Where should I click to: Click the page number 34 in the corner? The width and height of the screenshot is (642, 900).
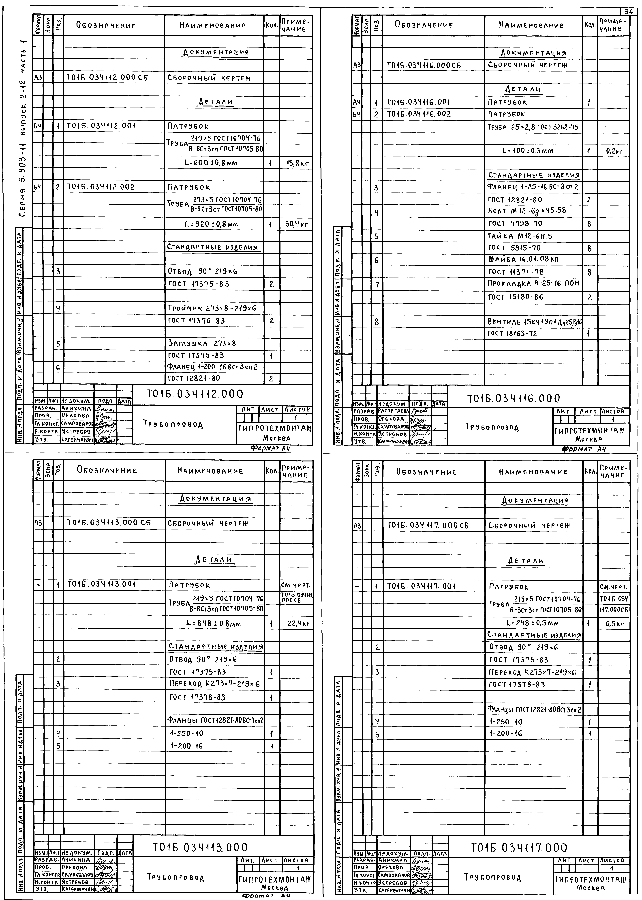point(629,12)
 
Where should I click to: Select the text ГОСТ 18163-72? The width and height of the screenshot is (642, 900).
point(513,334)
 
